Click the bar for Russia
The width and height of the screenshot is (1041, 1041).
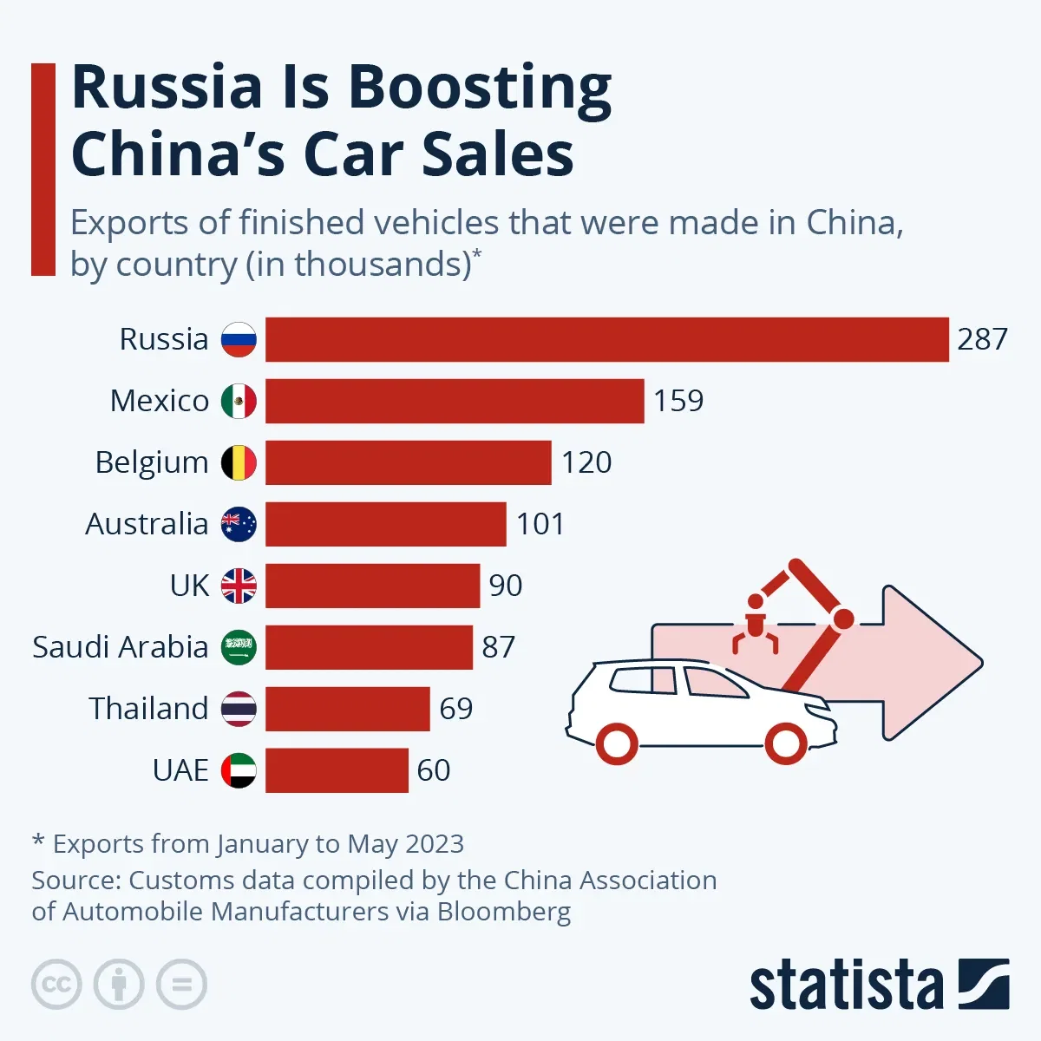[x=606, y=339]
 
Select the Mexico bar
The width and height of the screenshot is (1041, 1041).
[x=455, y=401]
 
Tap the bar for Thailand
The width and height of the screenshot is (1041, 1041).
[x=347, y=709]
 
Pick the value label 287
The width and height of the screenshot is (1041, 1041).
[x=982, y=339]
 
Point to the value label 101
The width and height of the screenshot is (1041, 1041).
[x=540, y=524]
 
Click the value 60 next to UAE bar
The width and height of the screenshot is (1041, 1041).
[x=434, y=770]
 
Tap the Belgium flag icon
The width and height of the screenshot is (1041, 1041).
[x=239, y=462]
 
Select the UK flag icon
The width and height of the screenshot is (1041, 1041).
[x=239, y=586]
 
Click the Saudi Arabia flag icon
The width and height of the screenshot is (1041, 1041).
[x=239, y=647]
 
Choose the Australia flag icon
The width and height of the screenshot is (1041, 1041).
[x=239, y=524]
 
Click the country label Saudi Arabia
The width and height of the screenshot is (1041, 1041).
[x=121, y=647]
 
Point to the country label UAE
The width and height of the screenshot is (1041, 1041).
[x=180, y=770]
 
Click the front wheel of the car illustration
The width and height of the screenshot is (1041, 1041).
[x=784, y=743]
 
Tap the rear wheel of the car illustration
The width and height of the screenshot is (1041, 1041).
[x=617, y=743]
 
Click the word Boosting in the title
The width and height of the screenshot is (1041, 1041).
[x=480, y=88]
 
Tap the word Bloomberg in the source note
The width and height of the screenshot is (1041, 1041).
[x=504, y=912]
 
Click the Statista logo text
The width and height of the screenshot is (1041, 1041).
[x=846, y=985]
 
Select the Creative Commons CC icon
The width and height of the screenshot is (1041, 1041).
[x=56, y=985]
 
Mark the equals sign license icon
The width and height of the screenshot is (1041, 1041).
[x=181, y=985]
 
